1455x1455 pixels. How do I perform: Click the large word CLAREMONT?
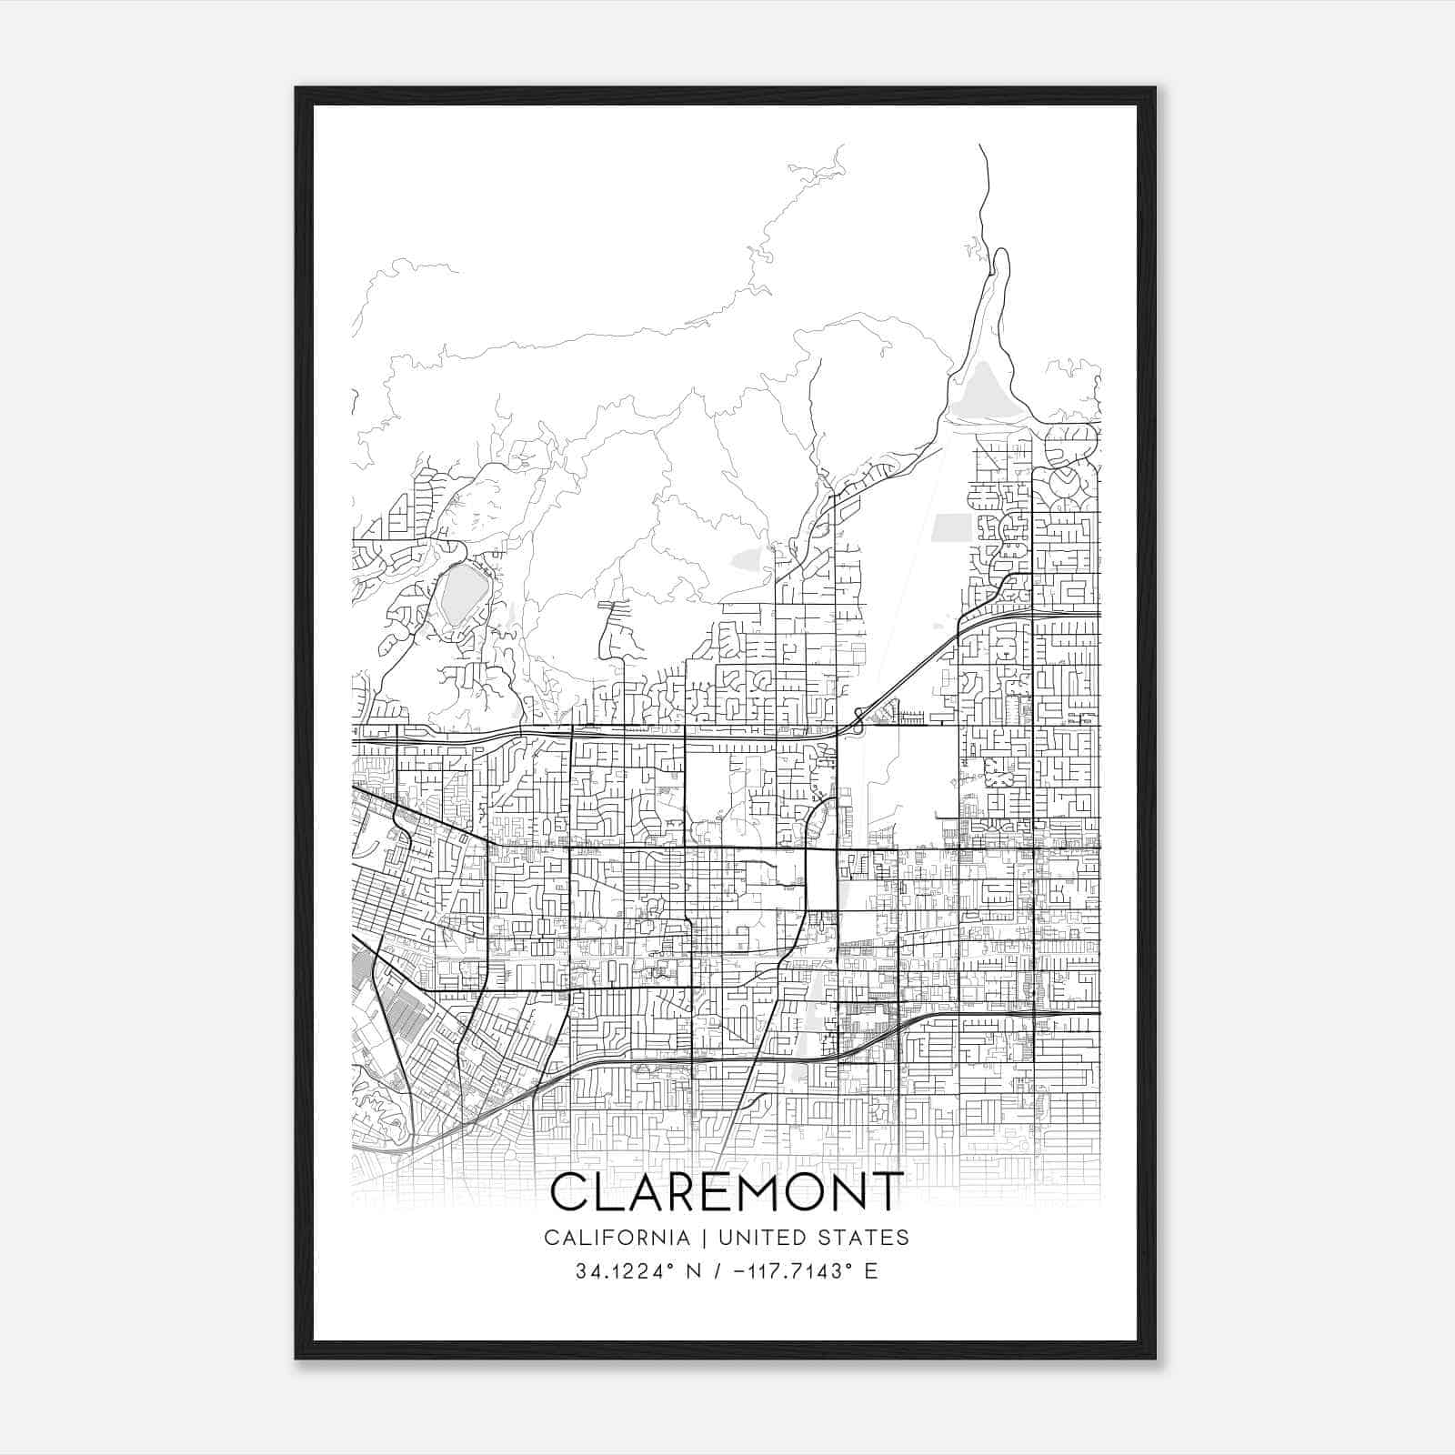point(727,1191)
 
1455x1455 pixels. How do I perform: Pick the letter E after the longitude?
point(871,1271)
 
